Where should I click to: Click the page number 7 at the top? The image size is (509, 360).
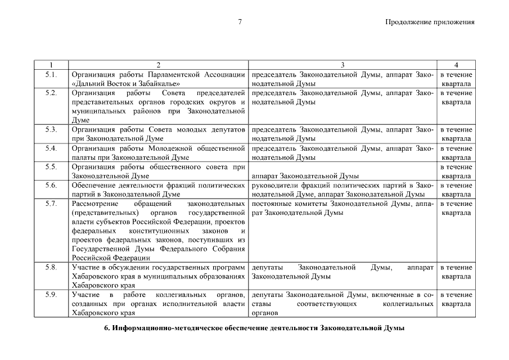240,22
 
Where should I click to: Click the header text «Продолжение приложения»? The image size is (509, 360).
430,22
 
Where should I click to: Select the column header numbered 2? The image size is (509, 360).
159,65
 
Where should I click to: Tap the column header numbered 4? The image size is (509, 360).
456,65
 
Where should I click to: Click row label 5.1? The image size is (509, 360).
51,74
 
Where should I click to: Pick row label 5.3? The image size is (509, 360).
51,129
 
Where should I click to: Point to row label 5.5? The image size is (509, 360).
51,166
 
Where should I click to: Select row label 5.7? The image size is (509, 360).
51,204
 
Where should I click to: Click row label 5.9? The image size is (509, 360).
51,295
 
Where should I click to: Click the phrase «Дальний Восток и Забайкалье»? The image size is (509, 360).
123,83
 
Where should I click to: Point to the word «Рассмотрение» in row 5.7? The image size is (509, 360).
93,204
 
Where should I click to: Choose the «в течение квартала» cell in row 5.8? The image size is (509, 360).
456,272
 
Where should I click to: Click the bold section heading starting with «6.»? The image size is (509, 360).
254,328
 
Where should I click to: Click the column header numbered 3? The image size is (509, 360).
343,65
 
